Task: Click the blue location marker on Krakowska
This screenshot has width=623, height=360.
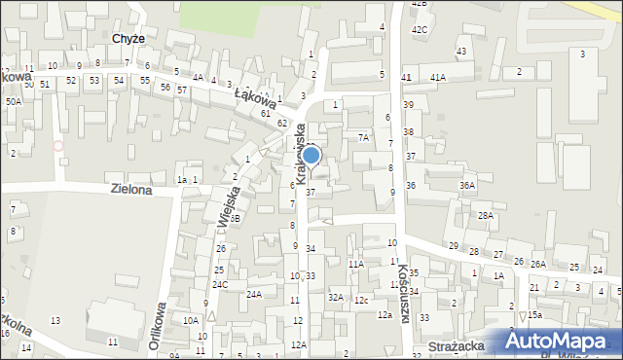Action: pos(311,156)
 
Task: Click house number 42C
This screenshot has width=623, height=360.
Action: pos(419,29)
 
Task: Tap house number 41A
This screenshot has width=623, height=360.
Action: pos(438,77)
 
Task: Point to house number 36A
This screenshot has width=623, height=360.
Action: pos(468,185)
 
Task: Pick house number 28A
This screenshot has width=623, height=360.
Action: pos(486,215)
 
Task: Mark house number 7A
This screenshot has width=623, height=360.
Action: pos(362,138)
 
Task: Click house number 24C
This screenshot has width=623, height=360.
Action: pos(221,285)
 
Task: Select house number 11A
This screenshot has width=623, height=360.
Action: pos(356,264)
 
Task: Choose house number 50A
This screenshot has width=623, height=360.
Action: pos(14,101)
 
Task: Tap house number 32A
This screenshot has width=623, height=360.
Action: pos(335,297)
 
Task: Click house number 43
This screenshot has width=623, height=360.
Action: pos(460,51)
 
